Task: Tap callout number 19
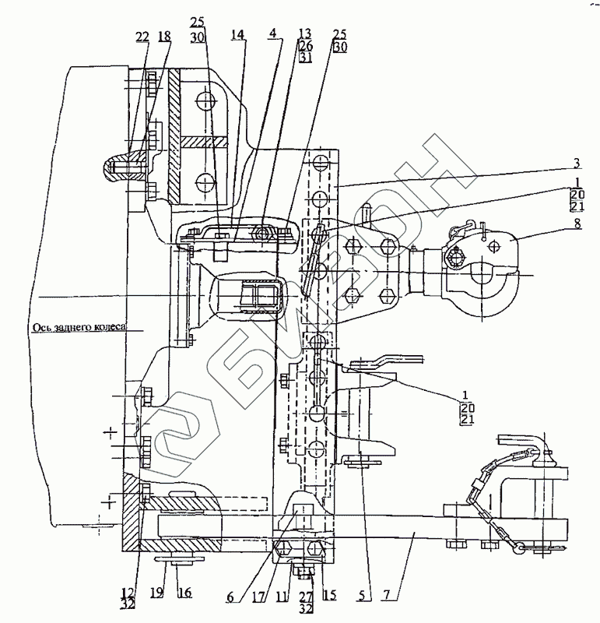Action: coord(157,593)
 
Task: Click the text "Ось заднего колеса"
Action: coord(79,329)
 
